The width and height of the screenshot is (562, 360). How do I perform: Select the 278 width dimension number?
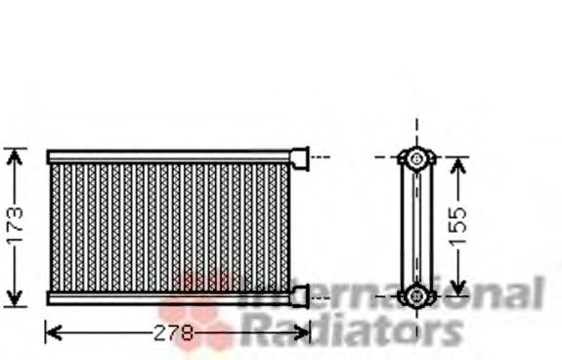[175, 333]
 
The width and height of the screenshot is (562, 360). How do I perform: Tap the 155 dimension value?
[459, 225]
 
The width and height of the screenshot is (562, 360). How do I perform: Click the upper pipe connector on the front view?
[300, 156]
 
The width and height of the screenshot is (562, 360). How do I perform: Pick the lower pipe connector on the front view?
[300, 294]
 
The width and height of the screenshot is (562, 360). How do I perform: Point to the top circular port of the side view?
[417, 157]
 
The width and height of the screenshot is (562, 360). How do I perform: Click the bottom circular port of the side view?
[417, 293]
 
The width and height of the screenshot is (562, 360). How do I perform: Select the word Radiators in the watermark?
[352, 331]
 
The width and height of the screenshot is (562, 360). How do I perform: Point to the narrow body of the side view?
[417, 225]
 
